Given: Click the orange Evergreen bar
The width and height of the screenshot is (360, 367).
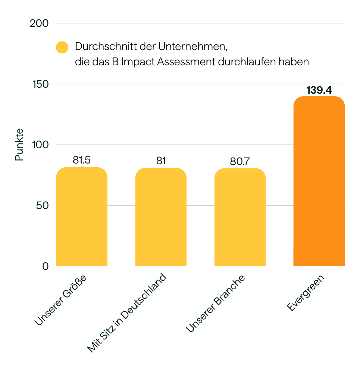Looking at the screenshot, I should [319, 181].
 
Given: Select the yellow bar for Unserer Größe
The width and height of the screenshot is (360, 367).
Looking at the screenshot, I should [82, 217].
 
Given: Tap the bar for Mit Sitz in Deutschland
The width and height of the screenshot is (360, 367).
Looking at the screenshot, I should [161, 217].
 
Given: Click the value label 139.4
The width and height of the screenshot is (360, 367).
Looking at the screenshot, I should [319, 90].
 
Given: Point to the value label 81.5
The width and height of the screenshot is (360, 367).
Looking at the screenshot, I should [82, 161].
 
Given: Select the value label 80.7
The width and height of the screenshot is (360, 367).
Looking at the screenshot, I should [240, 162].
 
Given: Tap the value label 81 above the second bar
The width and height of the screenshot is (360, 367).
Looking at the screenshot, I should [161, 161].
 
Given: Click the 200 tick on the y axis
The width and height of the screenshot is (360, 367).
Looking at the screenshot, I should [39, 23].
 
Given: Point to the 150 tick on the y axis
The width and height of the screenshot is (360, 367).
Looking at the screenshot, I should [39, 84].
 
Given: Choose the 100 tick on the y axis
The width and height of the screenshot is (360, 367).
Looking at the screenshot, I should [40, 145].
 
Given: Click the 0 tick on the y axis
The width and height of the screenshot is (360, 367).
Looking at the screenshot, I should [46, 266].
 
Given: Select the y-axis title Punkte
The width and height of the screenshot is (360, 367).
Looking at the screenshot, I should [19, 144].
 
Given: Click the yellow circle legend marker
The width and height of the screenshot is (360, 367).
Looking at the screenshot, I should [62, 47].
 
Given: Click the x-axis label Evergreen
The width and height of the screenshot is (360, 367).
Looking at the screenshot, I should [306, 293].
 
